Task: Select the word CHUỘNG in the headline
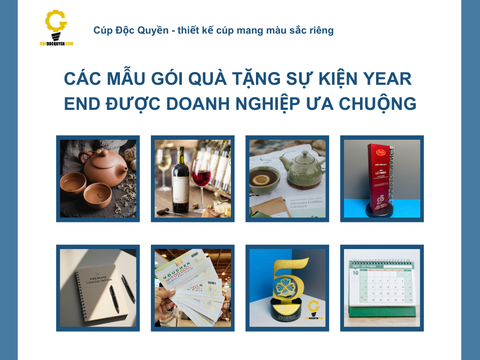pyautogui.click(x=374, y=104)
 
